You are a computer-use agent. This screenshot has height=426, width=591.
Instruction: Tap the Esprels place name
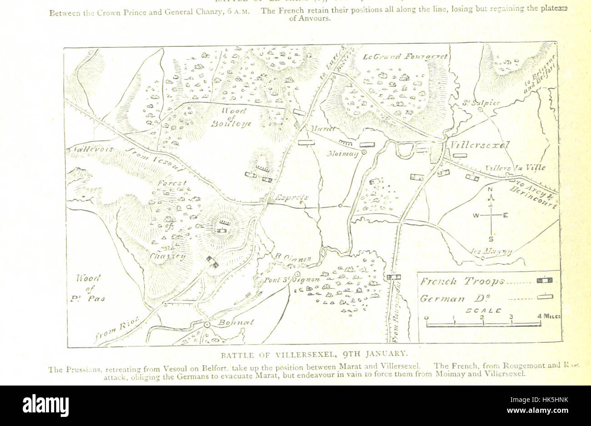point(293,198)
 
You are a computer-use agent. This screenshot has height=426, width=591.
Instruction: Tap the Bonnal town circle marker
point(207,325)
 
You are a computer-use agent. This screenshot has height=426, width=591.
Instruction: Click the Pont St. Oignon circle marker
point(297,275)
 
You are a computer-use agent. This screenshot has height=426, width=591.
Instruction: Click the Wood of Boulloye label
point(234,117)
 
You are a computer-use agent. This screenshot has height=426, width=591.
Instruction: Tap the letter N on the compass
point(490,190)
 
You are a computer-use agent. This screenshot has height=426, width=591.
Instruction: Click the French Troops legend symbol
point(544,281)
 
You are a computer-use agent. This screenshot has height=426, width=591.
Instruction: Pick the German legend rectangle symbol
point(544,297)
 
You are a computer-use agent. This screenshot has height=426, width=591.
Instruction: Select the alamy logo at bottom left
point(45,405)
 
